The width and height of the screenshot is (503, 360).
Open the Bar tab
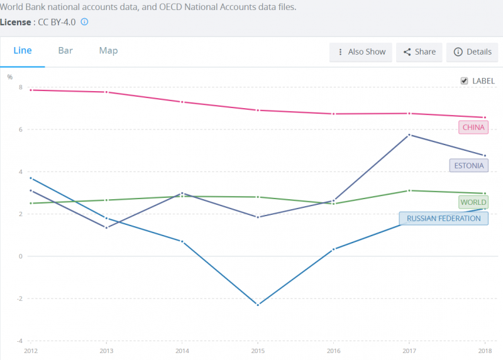point(65,51)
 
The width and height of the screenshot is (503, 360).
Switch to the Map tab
point(108,51)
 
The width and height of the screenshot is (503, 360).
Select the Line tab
point(23,51)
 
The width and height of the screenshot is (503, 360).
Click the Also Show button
point(361,52)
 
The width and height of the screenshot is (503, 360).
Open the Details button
point(472,52)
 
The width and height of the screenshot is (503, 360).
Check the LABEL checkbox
point(464,81)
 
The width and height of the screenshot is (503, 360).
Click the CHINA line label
point(473,128)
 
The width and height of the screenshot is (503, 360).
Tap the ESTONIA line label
point(468,166)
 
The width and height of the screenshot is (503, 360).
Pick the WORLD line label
point(473,202)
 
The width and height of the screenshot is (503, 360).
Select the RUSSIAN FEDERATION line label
point(443,219)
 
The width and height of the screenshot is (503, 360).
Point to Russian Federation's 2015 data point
point(258,305)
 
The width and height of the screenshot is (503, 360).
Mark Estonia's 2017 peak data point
point(410,135)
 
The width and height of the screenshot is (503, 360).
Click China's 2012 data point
point(31,90)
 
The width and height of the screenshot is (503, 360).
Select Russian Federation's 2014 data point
point(182,241)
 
